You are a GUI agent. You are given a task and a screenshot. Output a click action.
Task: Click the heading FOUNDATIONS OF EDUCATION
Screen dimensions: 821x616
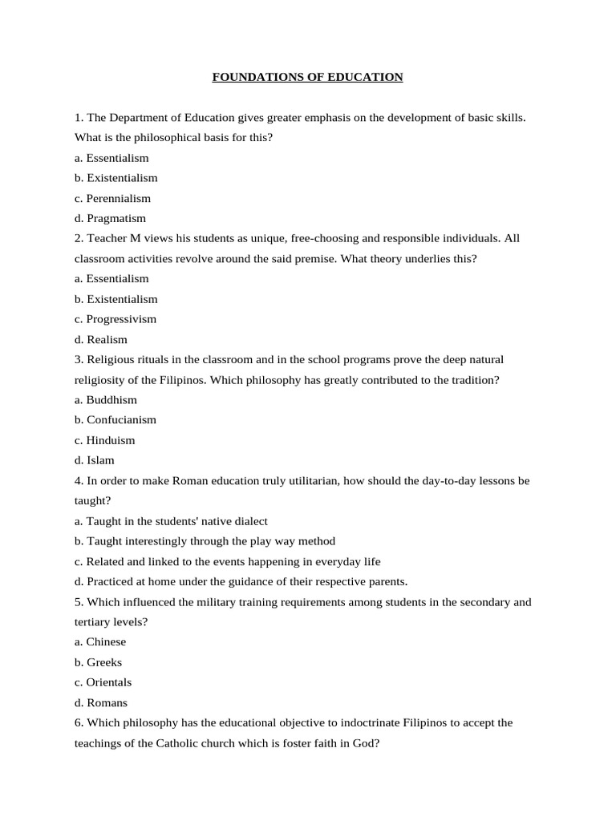point(307,77)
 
